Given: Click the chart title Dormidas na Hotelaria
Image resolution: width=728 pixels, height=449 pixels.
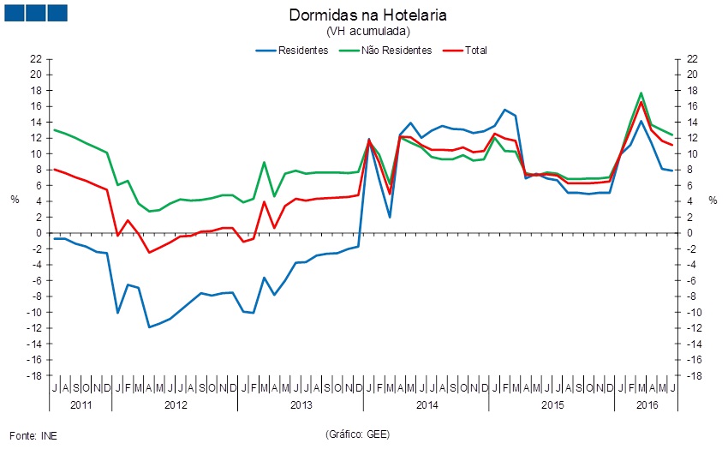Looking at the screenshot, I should coord(368,15).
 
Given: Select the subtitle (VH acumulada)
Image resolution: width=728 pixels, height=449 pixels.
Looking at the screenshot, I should coord(368,31).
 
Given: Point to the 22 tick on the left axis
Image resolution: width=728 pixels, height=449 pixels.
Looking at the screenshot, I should coord(36,58).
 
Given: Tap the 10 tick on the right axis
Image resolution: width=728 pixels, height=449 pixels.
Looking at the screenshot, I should coord(690,154).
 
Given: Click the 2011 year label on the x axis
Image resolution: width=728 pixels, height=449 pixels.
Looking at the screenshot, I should coord(81,404).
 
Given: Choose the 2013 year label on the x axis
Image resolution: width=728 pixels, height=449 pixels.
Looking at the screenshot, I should coord(301,404).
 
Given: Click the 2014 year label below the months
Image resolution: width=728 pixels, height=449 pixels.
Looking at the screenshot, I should coord(426,404).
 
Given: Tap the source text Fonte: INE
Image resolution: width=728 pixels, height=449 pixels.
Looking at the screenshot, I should coord(33,434).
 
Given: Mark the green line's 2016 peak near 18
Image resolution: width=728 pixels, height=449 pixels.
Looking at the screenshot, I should coord(641,93).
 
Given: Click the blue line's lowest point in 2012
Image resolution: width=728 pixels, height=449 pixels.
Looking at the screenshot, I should coord(149,327).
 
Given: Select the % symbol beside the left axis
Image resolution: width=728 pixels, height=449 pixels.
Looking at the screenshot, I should coord(15,200).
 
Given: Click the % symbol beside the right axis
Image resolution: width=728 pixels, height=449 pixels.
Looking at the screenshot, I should coord(713,200).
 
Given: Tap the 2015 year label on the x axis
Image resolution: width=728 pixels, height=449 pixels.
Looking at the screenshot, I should coord(552,404).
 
